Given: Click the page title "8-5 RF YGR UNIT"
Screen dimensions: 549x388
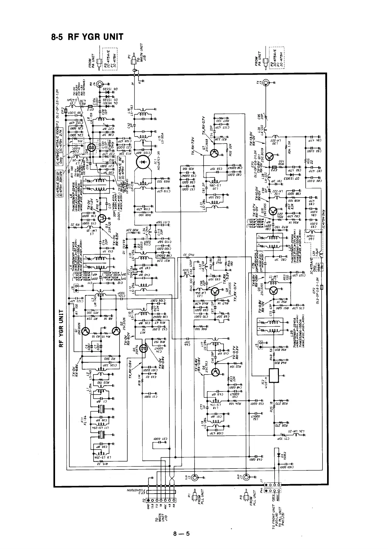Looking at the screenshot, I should [x=87, y=37].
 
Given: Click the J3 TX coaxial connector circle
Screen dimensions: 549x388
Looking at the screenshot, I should [x=266, y=83].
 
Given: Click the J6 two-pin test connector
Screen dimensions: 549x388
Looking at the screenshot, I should [x=77, y=288].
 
